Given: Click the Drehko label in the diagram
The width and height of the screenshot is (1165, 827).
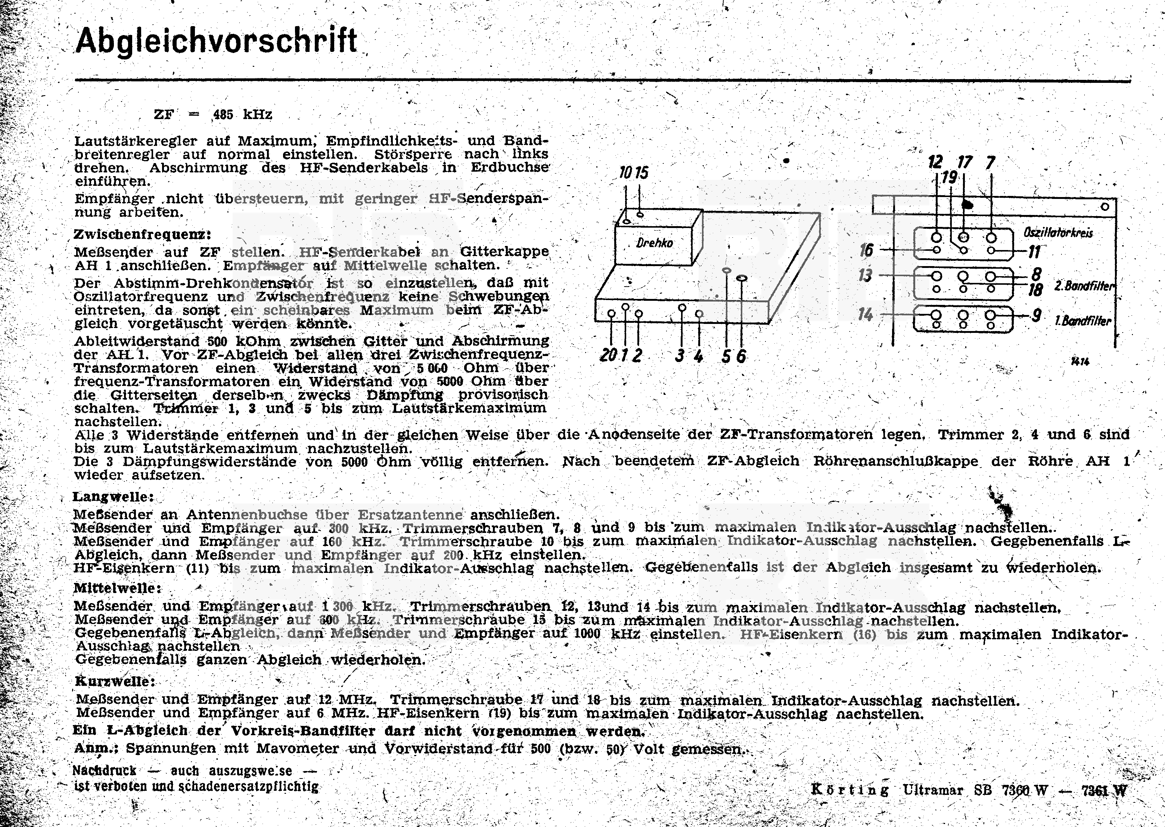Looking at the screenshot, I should pos(655,243).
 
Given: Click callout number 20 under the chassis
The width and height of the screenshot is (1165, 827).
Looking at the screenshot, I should pos(608,355).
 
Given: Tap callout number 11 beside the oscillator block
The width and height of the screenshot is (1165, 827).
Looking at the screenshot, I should pos(1034,252).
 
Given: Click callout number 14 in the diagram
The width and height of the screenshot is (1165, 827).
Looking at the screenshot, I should pos(865,314).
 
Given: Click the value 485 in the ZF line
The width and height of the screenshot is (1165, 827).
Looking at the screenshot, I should pos(223,115).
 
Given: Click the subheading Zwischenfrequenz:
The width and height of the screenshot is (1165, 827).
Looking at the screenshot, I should pos(142,235).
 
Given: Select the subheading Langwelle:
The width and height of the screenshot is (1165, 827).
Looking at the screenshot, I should pos(113,496).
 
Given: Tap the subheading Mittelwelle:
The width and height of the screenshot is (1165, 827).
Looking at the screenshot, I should pos(118,588).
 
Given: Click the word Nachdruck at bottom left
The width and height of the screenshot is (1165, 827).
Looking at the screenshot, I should pos(105,771).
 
